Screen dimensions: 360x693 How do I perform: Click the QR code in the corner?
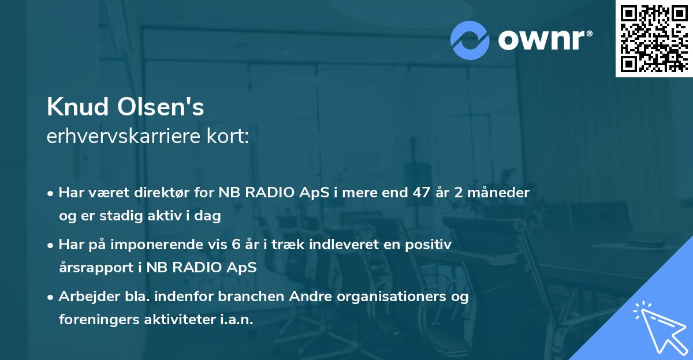[x=654, y=39]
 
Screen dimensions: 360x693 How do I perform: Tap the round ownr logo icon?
[x=470, y=40]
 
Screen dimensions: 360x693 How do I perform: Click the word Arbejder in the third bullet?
[x=84, y=297]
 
